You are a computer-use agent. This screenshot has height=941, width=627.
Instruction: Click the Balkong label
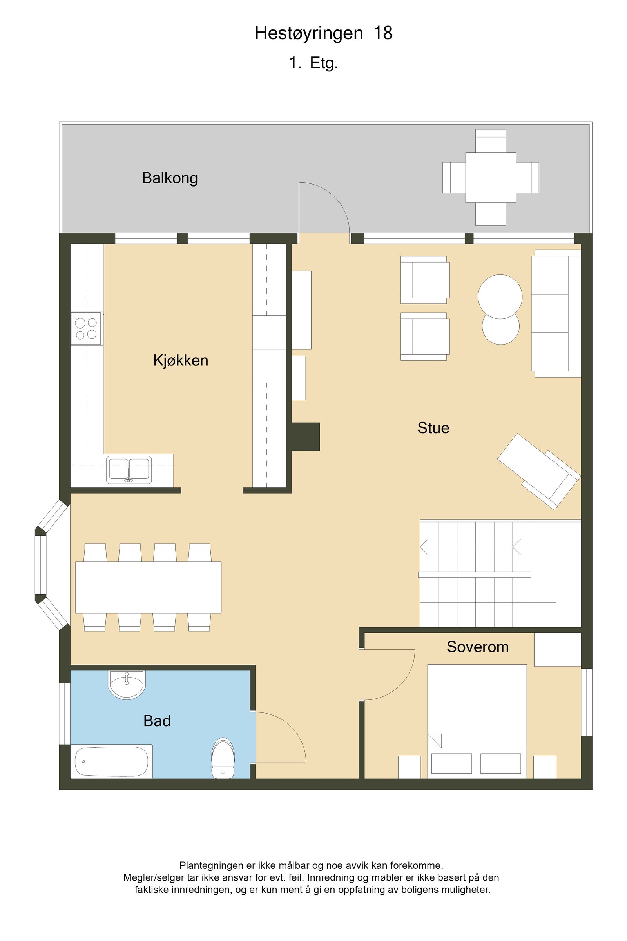click(x=170, y=178)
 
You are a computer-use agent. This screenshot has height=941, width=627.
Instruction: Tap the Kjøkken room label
click(x=181, y=360)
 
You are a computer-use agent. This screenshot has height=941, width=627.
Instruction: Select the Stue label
click(x=433, y=428)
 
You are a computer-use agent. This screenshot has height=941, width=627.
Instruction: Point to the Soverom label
click(x=477, y=647)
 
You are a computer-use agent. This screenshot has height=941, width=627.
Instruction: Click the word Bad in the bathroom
click(x=157, y=721)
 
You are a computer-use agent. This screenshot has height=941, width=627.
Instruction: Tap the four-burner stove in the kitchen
click(x=87, y=329)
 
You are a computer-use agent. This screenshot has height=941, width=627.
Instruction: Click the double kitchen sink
click(x=129, y=470)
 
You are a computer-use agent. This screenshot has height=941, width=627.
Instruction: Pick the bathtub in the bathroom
click(x=112, y=761)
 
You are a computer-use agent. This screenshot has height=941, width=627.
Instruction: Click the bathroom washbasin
click(x=126, y=685)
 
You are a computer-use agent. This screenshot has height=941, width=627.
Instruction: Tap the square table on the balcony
click(x=491, y=177)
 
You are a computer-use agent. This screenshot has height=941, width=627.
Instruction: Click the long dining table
click(x=148, y=587)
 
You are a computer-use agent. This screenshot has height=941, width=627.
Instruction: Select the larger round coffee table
click(x=500, y=296)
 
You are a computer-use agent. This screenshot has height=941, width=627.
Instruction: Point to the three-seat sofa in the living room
click(x=556, y=313)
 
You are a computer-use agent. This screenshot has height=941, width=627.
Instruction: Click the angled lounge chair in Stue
click(x=538, y=470)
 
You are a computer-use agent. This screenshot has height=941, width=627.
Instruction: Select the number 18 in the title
click(x=383, y=33)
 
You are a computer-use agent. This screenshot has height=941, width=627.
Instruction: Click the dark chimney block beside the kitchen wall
click(x=306, y=436)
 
